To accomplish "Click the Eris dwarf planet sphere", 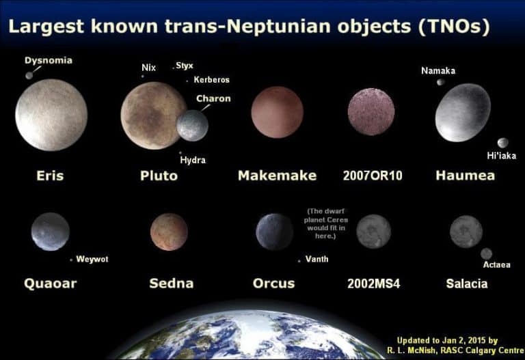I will coord(51,114).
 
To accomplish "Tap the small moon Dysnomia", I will coord(29,75).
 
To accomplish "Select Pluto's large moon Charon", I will coord(192,126).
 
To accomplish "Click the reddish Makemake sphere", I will coord(277,112).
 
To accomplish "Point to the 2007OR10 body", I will coord(371,111).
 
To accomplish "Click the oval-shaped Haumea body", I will coord(463,112).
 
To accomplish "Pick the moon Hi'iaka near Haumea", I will coord(502,143).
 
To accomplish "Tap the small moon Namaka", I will coord(441,83).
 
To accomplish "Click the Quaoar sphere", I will coord(50,232).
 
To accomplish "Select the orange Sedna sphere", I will coord(169,232).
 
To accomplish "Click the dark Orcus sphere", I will coord(274,232).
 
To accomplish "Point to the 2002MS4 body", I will coord(373,232).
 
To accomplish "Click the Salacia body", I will coord(466,232).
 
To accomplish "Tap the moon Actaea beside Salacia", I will coord(486,253).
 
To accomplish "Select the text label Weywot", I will coord(92,260).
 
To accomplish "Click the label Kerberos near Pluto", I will coord(211,80).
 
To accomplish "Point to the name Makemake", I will coord(277,176).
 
